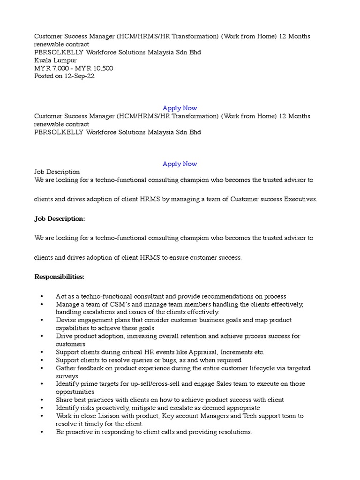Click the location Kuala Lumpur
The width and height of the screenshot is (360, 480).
(x=55, y=60)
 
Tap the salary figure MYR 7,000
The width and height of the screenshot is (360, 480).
(x=50, y=68)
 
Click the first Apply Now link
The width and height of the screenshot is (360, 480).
(x=180, y=108)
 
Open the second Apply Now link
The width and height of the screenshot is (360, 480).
(x=180, y=164)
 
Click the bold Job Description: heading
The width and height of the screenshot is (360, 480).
(x=60, y=219)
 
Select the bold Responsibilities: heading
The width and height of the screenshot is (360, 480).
(x=60, y=277)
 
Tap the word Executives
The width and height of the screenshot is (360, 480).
(x=300, y=199)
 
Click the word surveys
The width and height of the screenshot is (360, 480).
(x=67, y=376)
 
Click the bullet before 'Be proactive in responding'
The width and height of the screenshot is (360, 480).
(x=42, y=432)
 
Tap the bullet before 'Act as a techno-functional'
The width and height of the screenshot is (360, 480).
(x=42, y=297)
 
